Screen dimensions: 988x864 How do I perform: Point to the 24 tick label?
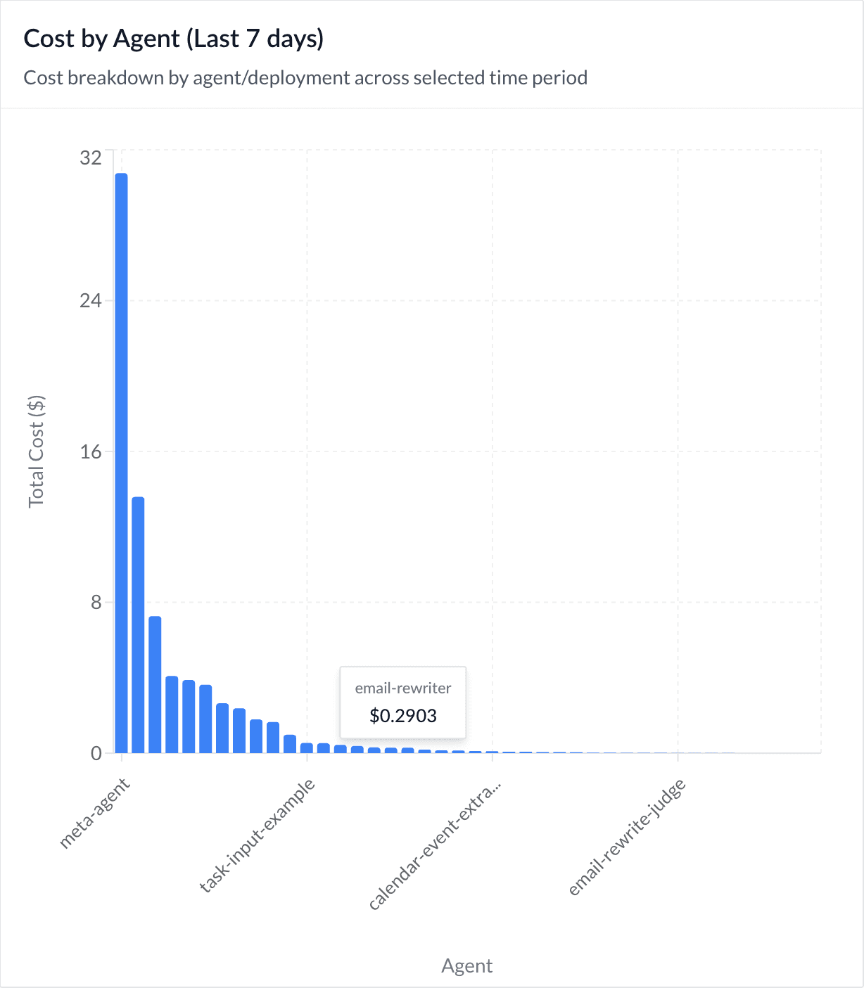coord(91,301)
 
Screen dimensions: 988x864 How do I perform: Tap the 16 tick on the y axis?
coord(91,451)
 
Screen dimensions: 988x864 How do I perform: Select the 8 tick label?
coord(96,603)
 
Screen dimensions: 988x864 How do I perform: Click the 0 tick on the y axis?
coord(96,753)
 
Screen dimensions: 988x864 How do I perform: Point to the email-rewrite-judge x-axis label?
coord(627,838)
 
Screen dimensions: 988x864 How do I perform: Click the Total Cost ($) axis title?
coord(37,451)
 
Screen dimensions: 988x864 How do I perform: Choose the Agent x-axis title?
coord(467,965)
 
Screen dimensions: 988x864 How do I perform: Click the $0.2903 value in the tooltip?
coord(403,716)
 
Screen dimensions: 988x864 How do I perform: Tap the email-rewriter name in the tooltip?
coord(403,688)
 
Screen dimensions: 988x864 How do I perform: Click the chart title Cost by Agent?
coord(103,39)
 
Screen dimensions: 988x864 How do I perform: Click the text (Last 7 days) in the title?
coord(255,39)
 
